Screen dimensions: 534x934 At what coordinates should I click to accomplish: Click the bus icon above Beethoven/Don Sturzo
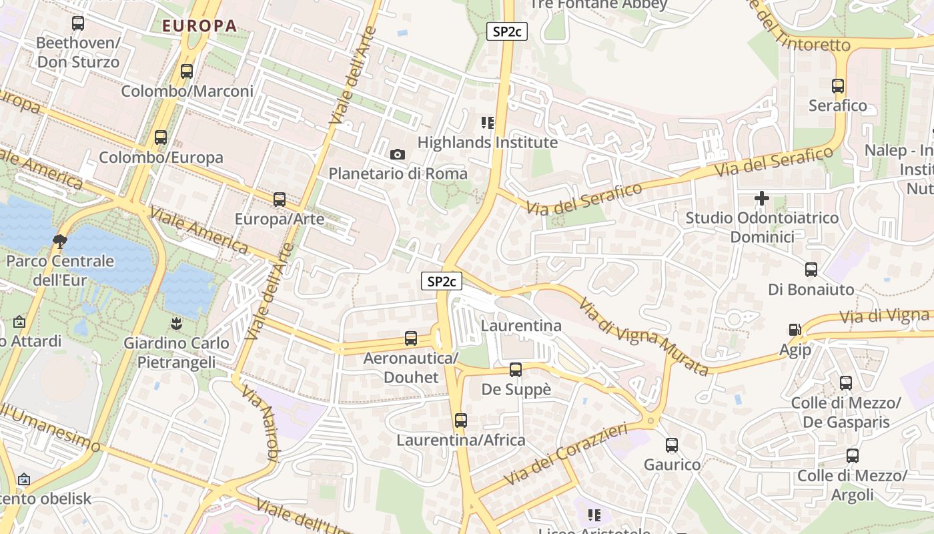78,23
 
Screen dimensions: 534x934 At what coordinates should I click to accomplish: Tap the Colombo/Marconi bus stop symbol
187,71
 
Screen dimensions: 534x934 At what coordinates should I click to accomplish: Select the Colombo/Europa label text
161,158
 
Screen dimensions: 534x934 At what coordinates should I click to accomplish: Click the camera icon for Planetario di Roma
398,155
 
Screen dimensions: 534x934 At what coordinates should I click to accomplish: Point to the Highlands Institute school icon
488,123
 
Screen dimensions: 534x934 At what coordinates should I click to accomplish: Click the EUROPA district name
199,26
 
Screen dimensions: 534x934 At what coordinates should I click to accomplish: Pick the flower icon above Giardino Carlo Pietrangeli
176,324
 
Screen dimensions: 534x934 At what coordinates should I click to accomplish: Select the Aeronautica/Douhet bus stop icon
411,339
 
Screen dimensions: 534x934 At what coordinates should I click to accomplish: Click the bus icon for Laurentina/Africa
461,421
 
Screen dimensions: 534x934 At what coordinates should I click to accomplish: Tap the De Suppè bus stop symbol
516,370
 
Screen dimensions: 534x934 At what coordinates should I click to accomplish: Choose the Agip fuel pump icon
795,330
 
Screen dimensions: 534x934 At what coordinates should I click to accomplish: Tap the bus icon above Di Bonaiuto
811,270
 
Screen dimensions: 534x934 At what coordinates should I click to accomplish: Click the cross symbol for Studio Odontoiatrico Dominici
762,198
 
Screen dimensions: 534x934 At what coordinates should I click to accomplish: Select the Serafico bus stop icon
838,86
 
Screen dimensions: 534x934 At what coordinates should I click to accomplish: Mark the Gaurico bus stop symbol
672,445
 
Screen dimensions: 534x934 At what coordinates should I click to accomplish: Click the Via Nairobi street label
260,424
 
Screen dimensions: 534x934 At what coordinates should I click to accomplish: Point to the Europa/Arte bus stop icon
280,200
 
